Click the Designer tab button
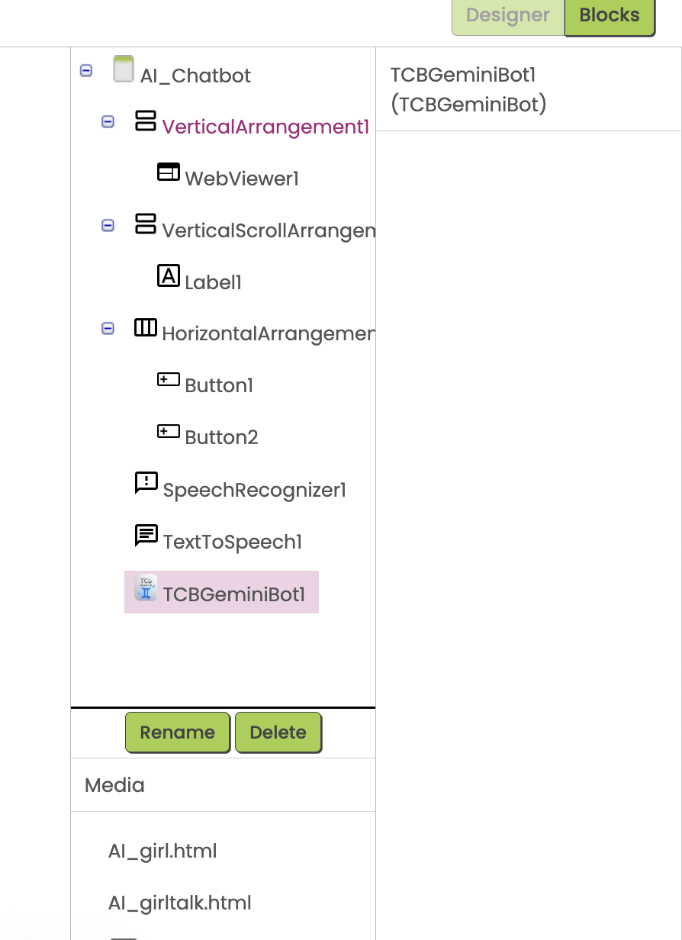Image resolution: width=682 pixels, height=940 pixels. pyautogui.click(x=508, y=16)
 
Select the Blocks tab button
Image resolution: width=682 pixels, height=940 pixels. pyautogui.click(x=610, y=16)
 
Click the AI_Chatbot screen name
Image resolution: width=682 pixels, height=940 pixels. pyautogui.click(x=195, y=76)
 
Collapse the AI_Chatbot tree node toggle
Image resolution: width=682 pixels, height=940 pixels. pyautogui.click(x=86, y=70)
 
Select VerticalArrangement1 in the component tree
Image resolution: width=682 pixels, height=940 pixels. pyautogui.click(x=265, y=127)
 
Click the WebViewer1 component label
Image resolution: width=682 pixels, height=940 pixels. pyautogui.click(x=242, y=179)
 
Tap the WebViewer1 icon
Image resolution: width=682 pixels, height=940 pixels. pyautogui.click(x=169, y=172)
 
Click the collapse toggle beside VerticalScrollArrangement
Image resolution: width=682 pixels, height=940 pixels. pyautogui.click(x=108, y=225)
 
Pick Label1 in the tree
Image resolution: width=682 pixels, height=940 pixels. pyautogui.click(x=213, y=282)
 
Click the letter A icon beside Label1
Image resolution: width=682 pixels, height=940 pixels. pyautogui.click(x=169, y=275)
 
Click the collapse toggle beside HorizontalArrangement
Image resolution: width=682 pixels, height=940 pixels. pyautogui.click(x=108, y=328)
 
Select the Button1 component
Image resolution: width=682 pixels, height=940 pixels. pyautogui.click(x=219, y=385)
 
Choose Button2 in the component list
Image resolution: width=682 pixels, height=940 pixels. pyautogui.click(x=221, y=437)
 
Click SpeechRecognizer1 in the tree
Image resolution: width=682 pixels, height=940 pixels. pyautogui.click(x=254, y=490)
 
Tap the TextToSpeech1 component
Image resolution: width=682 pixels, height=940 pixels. pyautogui.click(x=233, y=542)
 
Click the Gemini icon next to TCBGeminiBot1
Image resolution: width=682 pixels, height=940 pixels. pyautogui.click(x=146, y=587)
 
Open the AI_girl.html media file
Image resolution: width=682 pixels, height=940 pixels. pyautogui.click(x=162, y=851)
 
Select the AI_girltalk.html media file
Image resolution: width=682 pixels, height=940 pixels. pyautogui.click(x=179, y=903)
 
